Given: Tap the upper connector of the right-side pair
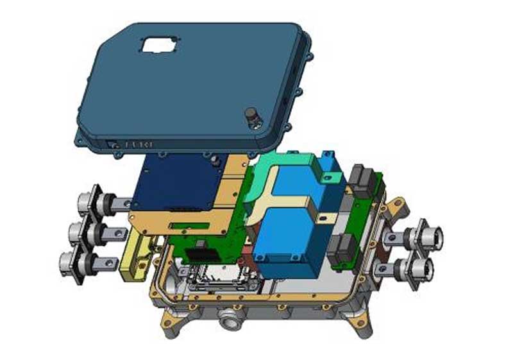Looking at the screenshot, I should pos(428,236).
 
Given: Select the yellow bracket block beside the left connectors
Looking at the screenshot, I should pos(135,257).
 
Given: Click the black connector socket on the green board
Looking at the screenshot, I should pos(205,251).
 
